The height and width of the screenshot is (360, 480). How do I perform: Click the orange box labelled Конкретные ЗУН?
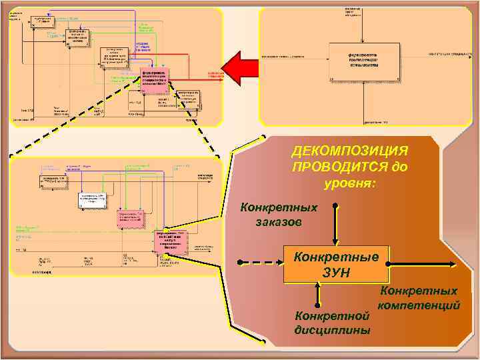click(x=336, y=265)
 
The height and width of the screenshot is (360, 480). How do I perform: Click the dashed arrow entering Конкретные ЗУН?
click(x=260, y=262)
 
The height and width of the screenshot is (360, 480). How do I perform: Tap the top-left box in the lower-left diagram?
click(x=53, y=180)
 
